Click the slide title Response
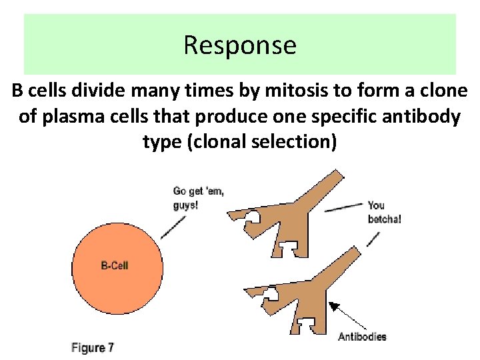pos(239,45)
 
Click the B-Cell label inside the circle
pos(115,266)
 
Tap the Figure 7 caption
pos(93,347)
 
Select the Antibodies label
pos(362,337)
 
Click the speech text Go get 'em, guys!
pos(198,199)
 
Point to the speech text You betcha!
pos(385,212)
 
